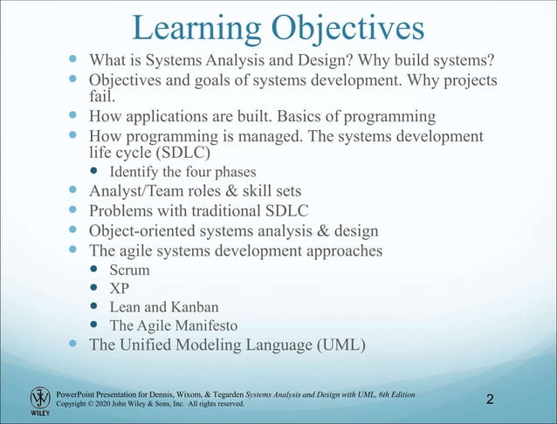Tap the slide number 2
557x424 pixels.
490,400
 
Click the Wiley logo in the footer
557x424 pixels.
40,400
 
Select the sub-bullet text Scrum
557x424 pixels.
129,270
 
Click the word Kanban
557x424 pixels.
195,307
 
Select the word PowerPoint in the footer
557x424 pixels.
76,395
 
